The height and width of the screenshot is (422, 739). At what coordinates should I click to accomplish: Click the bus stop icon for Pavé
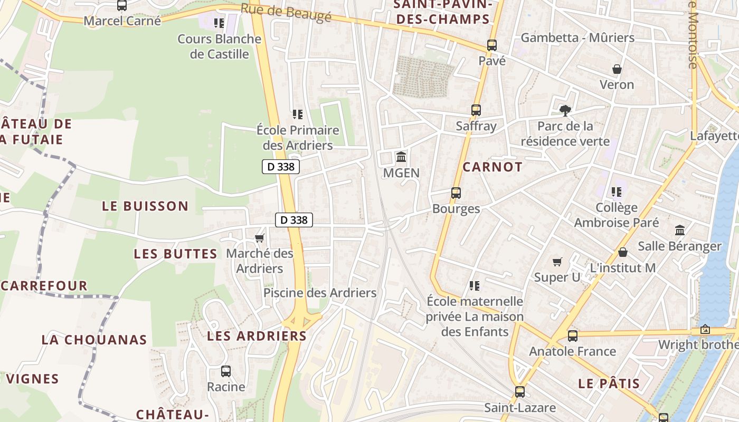(x=492, y=45)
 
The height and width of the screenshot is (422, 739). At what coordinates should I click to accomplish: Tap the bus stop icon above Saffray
(x=476, y=110)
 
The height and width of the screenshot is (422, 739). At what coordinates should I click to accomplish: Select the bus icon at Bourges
(x=456, y=193)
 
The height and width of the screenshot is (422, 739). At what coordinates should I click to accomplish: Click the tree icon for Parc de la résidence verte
(x=565, y=110)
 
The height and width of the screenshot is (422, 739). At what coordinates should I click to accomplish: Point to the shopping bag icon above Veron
(x=617, y=69)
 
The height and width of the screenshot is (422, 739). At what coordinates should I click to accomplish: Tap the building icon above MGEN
(x=401, y=157)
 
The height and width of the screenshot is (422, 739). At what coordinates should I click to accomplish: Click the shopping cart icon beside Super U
(x=557, y=262)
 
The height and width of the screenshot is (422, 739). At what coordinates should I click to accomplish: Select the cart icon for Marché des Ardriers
(x=259, y=238)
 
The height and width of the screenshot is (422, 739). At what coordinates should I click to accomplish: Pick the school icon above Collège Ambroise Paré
(x=616, y=192)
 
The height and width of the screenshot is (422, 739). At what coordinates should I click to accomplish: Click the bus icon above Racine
(x=226, y=371)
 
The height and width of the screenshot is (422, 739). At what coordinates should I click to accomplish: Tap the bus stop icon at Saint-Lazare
(x=520, y=391)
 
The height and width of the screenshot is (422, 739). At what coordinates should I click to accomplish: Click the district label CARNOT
(x=492, y=167)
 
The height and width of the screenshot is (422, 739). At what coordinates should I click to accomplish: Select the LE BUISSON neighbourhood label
(x=145, y=206)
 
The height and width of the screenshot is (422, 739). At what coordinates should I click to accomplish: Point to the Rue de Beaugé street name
(x=286, y=13)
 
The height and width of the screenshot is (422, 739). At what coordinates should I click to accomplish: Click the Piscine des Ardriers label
(x=320, y=293)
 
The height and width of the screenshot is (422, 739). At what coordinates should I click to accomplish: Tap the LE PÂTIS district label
(x=609, y=383)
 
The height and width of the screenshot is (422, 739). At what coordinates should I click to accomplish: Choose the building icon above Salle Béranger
(x=680, y=231)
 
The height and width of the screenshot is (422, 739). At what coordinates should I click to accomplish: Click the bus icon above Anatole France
(x=573, y=335)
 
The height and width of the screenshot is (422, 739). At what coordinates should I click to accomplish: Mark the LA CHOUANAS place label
(x=94, y=340)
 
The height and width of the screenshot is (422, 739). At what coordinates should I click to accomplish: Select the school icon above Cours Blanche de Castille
(x=219, y=23)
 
